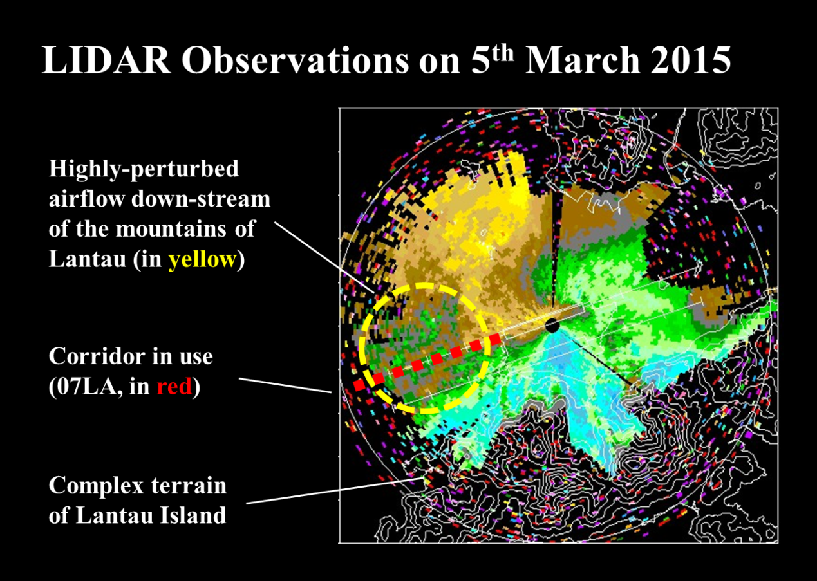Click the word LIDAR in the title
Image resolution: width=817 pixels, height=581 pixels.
(x=106, y=60)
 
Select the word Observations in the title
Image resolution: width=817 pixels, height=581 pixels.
(x=296, y=60)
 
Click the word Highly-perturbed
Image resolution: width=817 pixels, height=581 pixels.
(x=144, y=169)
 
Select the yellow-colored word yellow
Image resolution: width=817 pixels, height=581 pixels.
(x=202, y=260)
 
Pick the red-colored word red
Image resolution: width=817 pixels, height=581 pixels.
(x=174, y=387)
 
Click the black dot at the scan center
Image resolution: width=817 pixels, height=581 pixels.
(x=552, y=326)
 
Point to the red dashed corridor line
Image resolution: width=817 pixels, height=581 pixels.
(x=427, y=362)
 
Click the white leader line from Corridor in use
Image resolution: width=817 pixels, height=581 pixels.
(x=285, y=385)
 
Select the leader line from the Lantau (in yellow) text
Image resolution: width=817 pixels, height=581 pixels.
(x=324, y=257)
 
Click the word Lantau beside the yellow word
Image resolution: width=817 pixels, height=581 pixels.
(x=87, y=259)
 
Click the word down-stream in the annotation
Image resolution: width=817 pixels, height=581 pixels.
(x=201, y=199)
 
